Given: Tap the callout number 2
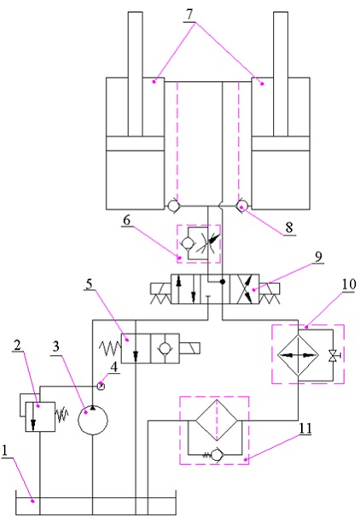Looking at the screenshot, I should [x=17, y=346].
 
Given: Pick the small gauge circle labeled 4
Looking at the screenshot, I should [x=102, y=386].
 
